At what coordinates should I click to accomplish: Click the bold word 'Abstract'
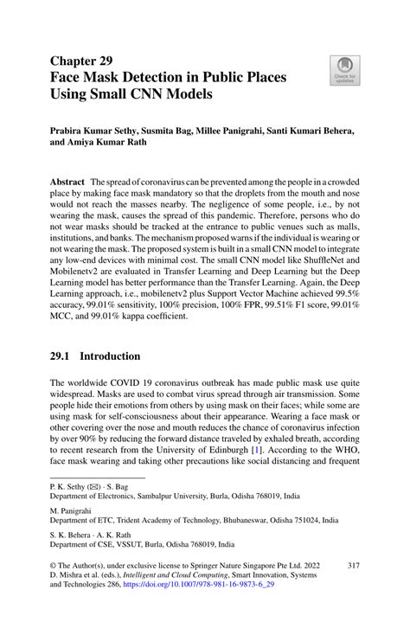(x=67, y=183)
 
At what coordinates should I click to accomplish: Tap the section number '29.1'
(x=62, y=356)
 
